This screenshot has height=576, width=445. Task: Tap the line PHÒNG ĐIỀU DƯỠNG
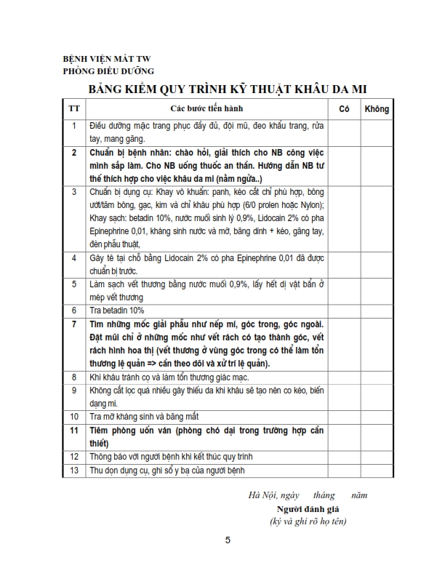[108, 71]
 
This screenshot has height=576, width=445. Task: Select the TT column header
[73, 108]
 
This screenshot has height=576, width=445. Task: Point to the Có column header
[344, 108]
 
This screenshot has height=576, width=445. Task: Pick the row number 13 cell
[73, 470]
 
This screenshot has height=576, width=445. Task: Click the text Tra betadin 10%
[117, 310]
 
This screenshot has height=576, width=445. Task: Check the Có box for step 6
[344, 310]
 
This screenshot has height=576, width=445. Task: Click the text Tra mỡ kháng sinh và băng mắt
[145, 417]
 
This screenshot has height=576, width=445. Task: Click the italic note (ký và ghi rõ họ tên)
[308, 521]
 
